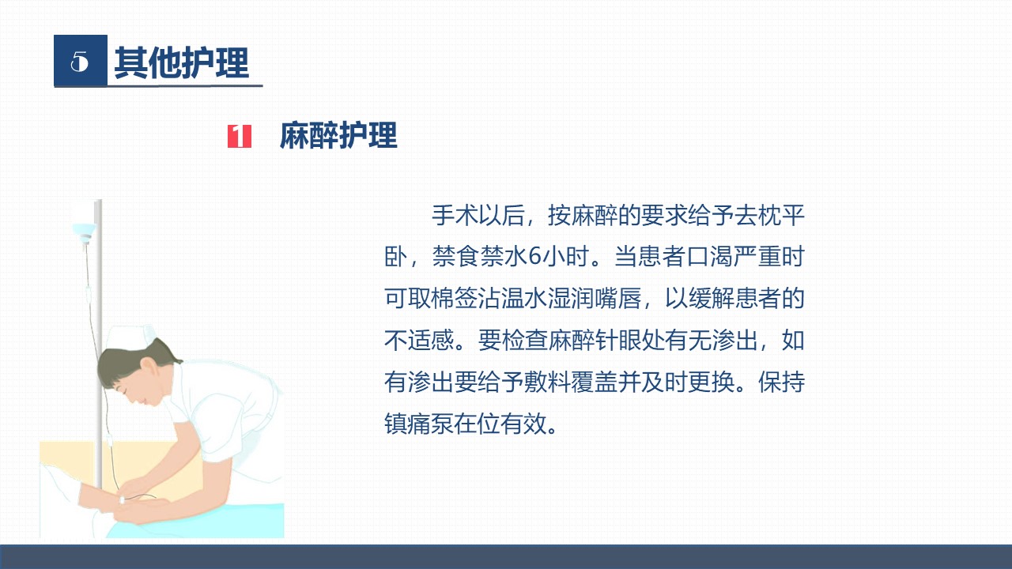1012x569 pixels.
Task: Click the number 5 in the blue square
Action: [x=80, y=61]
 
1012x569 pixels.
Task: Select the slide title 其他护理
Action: [x=182, y=62]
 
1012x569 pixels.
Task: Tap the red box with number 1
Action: [x=240, y=136]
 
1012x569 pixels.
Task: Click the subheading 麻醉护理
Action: [x=338, y=135]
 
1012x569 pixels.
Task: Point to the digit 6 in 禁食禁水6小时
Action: [x=534, y=256]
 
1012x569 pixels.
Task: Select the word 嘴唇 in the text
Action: [x=617, y=298]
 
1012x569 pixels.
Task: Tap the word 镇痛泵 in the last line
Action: [x=419, y=424]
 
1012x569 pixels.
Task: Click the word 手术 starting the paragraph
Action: [x=455, y=215]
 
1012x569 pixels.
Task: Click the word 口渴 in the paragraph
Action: [x=711, y=256]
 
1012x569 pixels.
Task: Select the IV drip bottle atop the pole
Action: [x=85, y=232]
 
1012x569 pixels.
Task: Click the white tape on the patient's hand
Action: [x=122, y=500]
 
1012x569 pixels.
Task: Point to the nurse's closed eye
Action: [x=119, y=387]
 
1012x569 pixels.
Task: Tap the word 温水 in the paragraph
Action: [x=524, y=298]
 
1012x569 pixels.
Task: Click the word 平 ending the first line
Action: [x=793, y=215]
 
